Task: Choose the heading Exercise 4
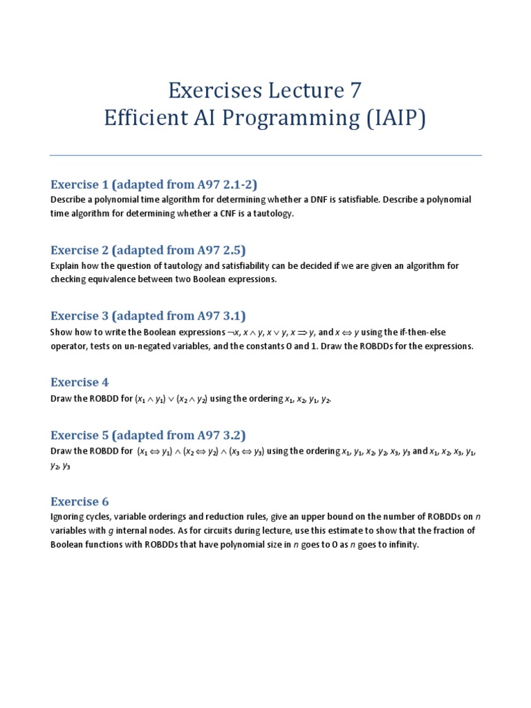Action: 80,382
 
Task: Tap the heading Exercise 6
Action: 80,501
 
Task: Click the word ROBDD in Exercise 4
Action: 102,399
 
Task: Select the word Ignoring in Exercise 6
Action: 68,517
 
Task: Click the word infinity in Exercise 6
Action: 400,544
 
